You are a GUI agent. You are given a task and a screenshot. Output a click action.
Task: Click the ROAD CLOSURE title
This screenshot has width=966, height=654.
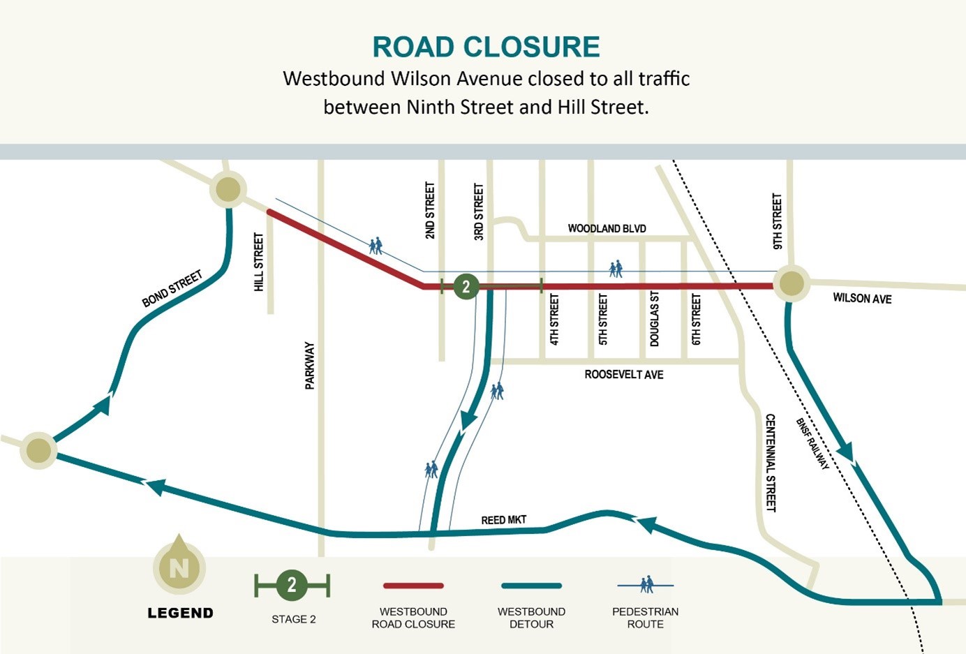pos(486,47)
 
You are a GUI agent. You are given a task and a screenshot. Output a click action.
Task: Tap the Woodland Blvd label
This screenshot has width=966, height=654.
pos(607,228)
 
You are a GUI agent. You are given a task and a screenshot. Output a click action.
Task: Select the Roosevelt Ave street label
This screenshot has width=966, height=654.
pos(623,375)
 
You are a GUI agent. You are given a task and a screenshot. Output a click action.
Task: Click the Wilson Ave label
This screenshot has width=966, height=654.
pos(862,298)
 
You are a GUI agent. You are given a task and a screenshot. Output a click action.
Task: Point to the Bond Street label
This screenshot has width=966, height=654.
pos(172,289)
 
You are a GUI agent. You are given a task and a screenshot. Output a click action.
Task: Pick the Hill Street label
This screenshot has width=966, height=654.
pos(259,262)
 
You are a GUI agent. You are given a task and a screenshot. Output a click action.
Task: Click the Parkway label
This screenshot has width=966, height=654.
pos(310,365)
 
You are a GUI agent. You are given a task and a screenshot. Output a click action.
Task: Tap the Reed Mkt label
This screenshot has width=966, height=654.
pos(503,520)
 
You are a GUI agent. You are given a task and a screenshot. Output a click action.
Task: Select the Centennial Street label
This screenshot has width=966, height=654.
pos(771,462)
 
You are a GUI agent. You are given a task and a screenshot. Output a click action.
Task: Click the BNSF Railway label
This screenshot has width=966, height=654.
pos(812,444)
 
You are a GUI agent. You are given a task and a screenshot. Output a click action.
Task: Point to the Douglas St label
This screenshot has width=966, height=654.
pos(654,319)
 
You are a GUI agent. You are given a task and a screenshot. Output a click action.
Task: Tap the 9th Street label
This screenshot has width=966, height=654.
pos(778,221)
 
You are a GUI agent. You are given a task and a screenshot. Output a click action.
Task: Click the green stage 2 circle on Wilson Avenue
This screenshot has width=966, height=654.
pos(466,286)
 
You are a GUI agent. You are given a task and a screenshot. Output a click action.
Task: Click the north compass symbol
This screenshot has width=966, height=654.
pos(179,566)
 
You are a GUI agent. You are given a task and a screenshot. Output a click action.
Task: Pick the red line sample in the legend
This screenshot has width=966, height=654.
pos(413,586)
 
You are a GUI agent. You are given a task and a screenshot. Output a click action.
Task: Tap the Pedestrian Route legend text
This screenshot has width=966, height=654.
pos(645,618)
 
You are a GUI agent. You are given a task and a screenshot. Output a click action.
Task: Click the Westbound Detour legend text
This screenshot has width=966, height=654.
pos(531,618)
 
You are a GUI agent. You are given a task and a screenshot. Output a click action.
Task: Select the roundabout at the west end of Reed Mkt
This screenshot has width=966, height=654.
pos(38,451)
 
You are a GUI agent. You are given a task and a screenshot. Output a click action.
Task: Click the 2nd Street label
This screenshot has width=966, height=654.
pos(430,211)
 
